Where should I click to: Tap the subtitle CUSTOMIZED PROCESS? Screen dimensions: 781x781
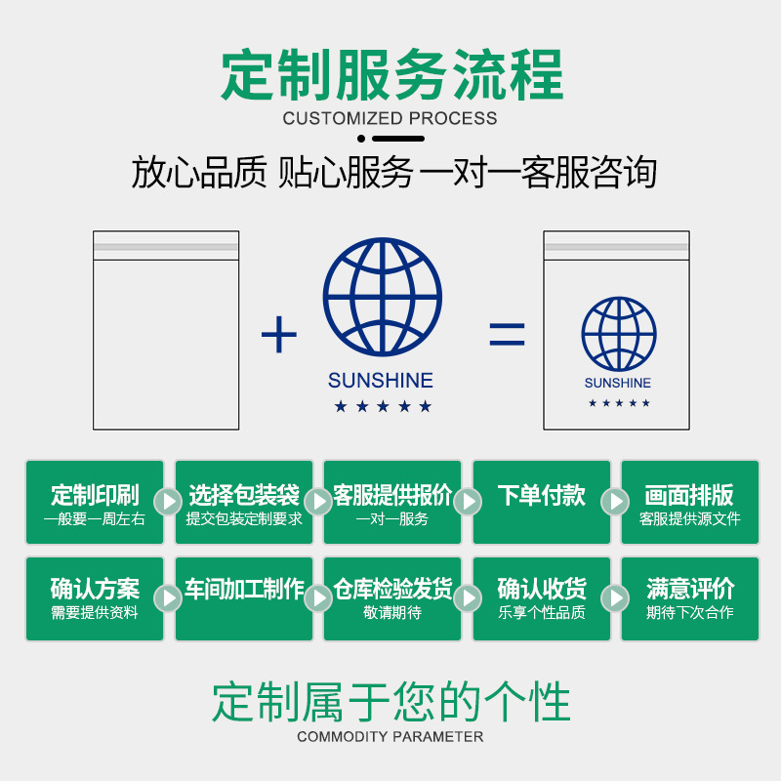tap(390, 119)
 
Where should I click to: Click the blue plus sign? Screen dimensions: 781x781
tap(279, 336)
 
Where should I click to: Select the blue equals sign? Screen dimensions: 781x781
tap(507, 336)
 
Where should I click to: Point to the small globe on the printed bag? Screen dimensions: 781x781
tap(618, 334)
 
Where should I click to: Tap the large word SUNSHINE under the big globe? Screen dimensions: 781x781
tap(381, 381)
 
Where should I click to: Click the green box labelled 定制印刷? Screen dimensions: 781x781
tap(95, 503)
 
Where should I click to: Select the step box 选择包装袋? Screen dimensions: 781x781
tap(244, 503)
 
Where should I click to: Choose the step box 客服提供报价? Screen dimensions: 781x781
tap(392, 503)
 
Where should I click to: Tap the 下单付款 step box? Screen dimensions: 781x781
tap(542, 503)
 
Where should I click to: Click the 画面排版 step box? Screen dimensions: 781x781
tap(690, 503)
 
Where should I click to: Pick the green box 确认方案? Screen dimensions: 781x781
tap(95, 598)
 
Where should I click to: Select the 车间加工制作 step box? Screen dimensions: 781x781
tap(244, 598)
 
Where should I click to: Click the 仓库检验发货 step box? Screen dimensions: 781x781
tap(392, 598)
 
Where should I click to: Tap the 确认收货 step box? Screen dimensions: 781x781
tap(542, 598)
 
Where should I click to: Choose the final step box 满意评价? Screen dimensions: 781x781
tap(690, 598)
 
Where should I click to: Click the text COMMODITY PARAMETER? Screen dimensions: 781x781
tap(390, 737)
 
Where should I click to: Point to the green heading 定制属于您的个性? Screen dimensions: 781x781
tap(390, 701)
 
